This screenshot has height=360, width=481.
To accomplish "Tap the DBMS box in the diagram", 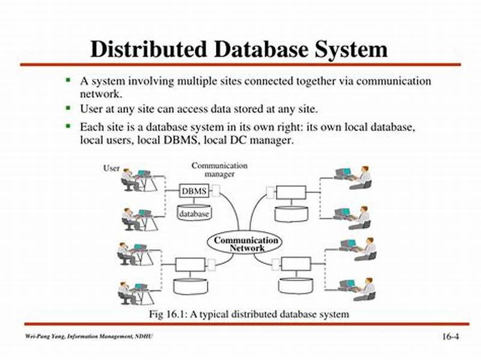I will [x=194, y=191].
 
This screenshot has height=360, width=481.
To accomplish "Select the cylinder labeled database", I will [x=194, y=213].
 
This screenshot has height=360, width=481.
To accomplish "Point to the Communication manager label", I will [x=219, y=169].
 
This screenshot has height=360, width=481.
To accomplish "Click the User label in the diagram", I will [x=111, y=168].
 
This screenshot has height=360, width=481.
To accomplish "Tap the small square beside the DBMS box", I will [x=215, y=191].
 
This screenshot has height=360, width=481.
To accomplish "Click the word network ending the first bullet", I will [x=100, y=94].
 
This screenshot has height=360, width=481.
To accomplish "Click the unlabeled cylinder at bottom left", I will [x=190, y=286].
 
